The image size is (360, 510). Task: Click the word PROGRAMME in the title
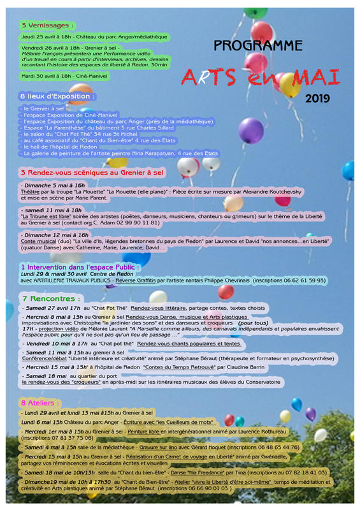click(258, 46)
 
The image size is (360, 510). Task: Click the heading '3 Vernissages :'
click(48, 25)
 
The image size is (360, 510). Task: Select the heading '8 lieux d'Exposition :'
click(57, 96)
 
